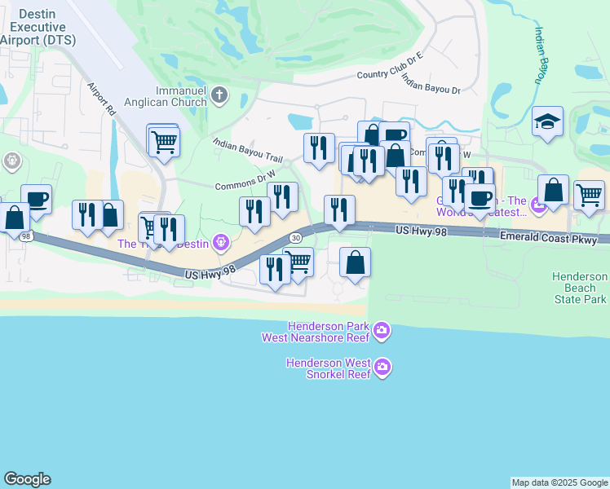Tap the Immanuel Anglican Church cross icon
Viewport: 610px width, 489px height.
click(219, 96)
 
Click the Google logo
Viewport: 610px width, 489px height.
click(27, 479)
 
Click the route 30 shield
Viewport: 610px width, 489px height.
click(294, 236)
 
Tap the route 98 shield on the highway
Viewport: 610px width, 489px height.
click(27, 236)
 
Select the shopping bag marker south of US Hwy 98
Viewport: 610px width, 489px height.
click(355, 262)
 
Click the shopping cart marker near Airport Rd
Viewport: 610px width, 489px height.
click(164, 142)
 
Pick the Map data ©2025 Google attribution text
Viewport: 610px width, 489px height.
click(559, 482)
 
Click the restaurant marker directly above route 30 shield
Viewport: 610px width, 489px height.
click(283, 197)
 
